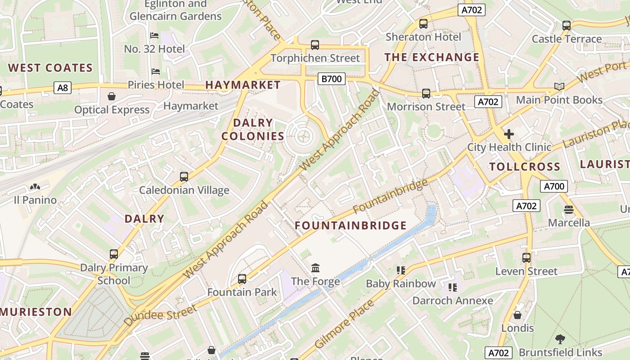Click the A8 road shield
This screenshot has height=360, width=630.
[63, 87]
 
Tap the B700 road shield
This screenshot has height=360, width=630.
[331, 79]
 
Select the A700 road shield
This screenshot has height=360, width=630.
[553, 186]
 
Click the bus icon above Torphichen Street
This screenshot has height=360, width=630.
[315, 45]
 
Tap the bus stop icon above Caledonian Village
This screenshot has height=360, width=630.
[184, 177]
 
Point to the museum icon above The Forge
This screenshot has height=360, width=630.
[315, 268]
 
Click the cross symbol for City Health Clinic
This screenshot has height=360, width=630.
[508, 134]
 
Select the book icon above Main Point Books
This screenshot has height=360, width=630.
[559, 86]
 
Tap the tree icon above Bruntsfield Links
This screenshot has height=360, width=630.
[560, 339]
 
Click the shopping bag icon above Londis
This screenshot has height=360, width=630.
[517, 315]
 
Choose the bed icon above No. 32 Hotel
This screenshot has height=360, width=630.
[154, 36]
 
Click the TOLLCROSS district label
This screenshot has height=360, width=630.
[525, 167]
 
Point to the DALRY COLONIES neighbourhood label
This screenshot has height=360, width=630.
[253, 130]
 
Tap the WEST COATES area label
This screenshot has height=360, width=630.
[50, 68]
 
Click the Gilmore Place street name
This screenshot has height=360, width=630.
[344, 324]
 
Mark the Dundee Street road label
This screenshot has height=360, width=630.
[160, 315]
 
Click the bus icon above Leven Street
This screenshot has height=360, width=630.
[526, 258]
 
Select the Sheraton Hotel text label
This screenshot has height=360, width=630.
[423, 37]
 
